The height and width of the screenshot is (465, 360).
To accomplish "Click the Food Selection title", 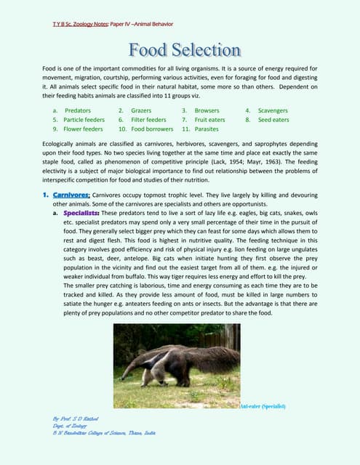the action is pos(185,51).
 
